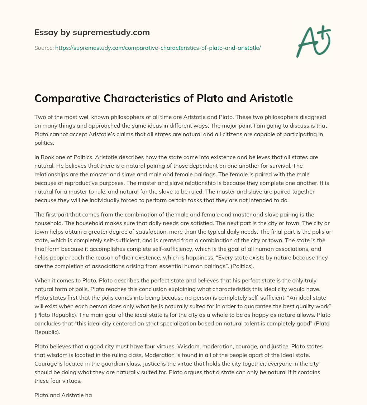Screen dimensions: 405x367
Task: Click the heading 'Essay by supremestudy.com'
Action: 92,33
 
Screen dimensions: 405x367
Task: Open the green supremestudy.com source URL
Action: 158,48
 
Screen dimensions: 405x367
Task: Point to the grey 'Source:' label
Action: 44,48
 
